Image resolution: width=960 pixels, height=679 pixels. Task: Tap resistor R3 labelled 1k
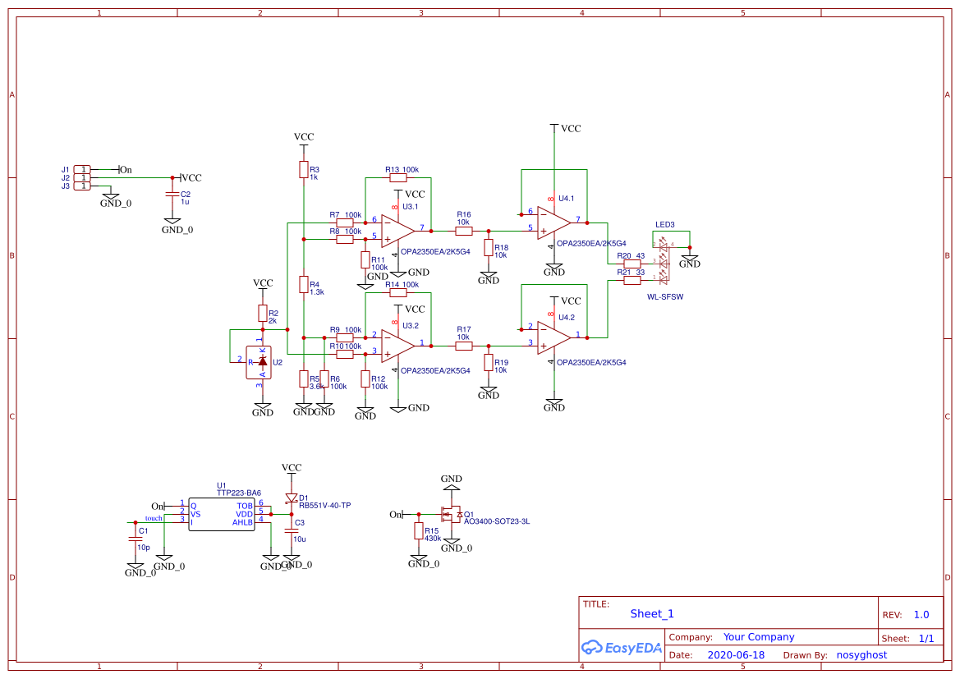click(x=304, y=170)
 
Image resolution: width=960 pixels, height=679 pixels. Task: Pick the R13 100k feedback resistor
click(x=398, y=177)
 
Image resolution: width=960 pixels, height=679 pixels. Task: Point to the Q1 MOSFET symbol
click(x=451, y=515)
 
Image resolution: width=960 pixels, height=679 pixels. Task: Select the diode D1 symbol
click(x=291, y=498)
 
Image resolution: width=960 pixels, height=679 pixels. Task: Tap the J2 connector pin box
click(x=82, y=177)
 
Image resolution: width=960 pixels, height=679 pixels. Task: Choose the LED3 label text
click(x=664, y=224)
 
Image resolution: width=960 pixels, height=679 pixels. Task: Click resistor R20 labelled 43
click(x=632, y=264)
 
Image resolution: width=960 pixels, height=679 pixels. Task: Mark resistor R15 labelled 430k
click(x=419, y=531)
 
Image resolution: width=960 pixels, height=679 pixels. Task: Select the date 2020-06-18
click(x=736, y=655)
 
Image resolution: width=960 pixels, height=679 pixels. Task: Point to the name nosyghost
click(x=861, y=655)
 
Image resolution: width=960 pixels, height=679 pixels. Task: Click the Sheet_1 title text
click(x=652, y=613)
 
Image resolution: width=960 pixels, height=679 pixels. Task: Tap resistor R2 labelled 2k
click(x=263, y=313)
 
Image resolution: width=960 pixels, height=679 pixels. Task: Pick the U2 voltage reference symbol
click(x=263, y=361)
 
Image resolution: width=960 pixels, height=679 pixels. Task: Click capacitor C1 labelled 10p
click(x=136, y=539)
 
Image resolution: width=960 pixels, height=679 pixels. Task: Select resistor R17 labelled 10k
click(x=464, y=346)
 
